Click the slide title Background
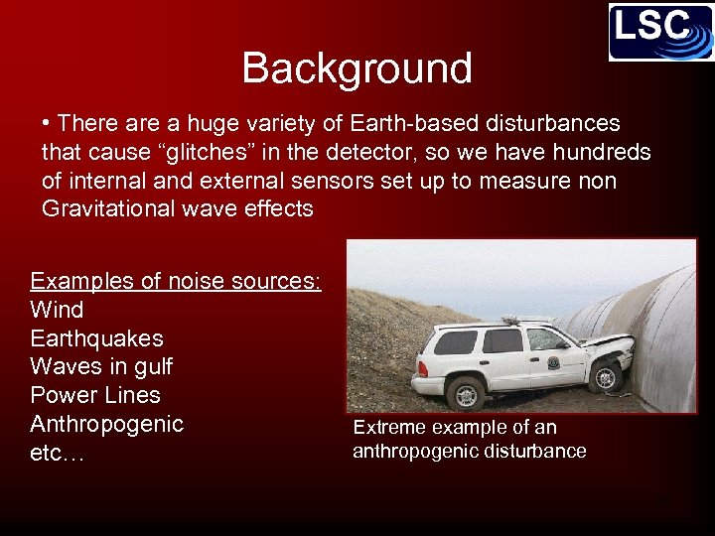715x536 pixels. coord(357,68)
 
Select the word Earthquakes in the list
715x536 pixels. coord(96,338)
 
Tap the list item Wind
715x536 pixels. coord(57,310)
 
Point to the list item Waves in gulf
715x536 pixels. coord(101,367)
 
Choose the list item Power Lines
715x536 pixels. coord(95,395)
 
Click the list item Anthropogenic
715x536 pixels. coord(107,424)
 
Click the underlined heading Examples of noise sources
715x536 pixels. coord(176,281)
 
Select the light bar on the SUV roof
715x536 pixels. coord(526,320)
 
